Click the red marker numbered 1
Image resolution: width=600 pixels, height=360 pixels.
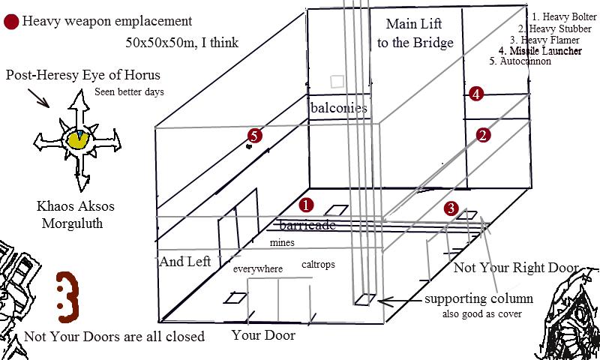tap(306, 204)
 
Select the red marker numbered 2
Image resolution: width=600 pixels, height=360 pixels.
tap(484, 135)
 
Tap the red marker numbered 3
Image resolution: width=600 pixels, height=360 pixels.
tap(450, 208)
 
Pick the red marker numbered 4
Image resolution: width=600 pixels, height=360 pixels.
tap(475, 94)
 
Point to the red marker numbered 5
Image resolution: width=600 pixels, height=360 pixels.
tap(255, 136)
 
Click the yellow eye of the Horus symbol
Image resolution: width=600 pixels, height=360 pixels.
tap(76, 139)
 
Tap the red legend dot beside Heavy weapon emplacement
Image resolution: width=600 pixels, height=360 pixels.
tap(11, 22)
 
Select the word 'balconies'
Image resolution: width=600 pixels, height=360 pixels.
tap(338, 108)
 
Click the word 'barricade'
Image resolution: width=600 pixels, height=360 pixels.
tap(307, 225)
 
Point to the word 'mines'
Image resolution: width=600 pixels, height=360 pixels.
tap(283, 243)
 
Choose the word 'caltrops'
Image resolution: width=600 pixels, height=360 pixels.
tap(318, 265)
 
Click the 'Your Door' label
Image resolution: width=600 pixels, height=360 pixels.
tap(263, 335)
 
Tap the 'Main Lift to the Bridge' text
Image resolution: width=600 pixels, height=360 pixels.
tap(415, 33)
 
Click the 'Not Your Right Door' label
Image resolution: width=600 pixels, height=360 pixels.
tap(516, 268)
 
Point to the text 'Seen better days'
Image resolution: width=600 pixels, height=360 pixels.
tap(129, 92)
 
